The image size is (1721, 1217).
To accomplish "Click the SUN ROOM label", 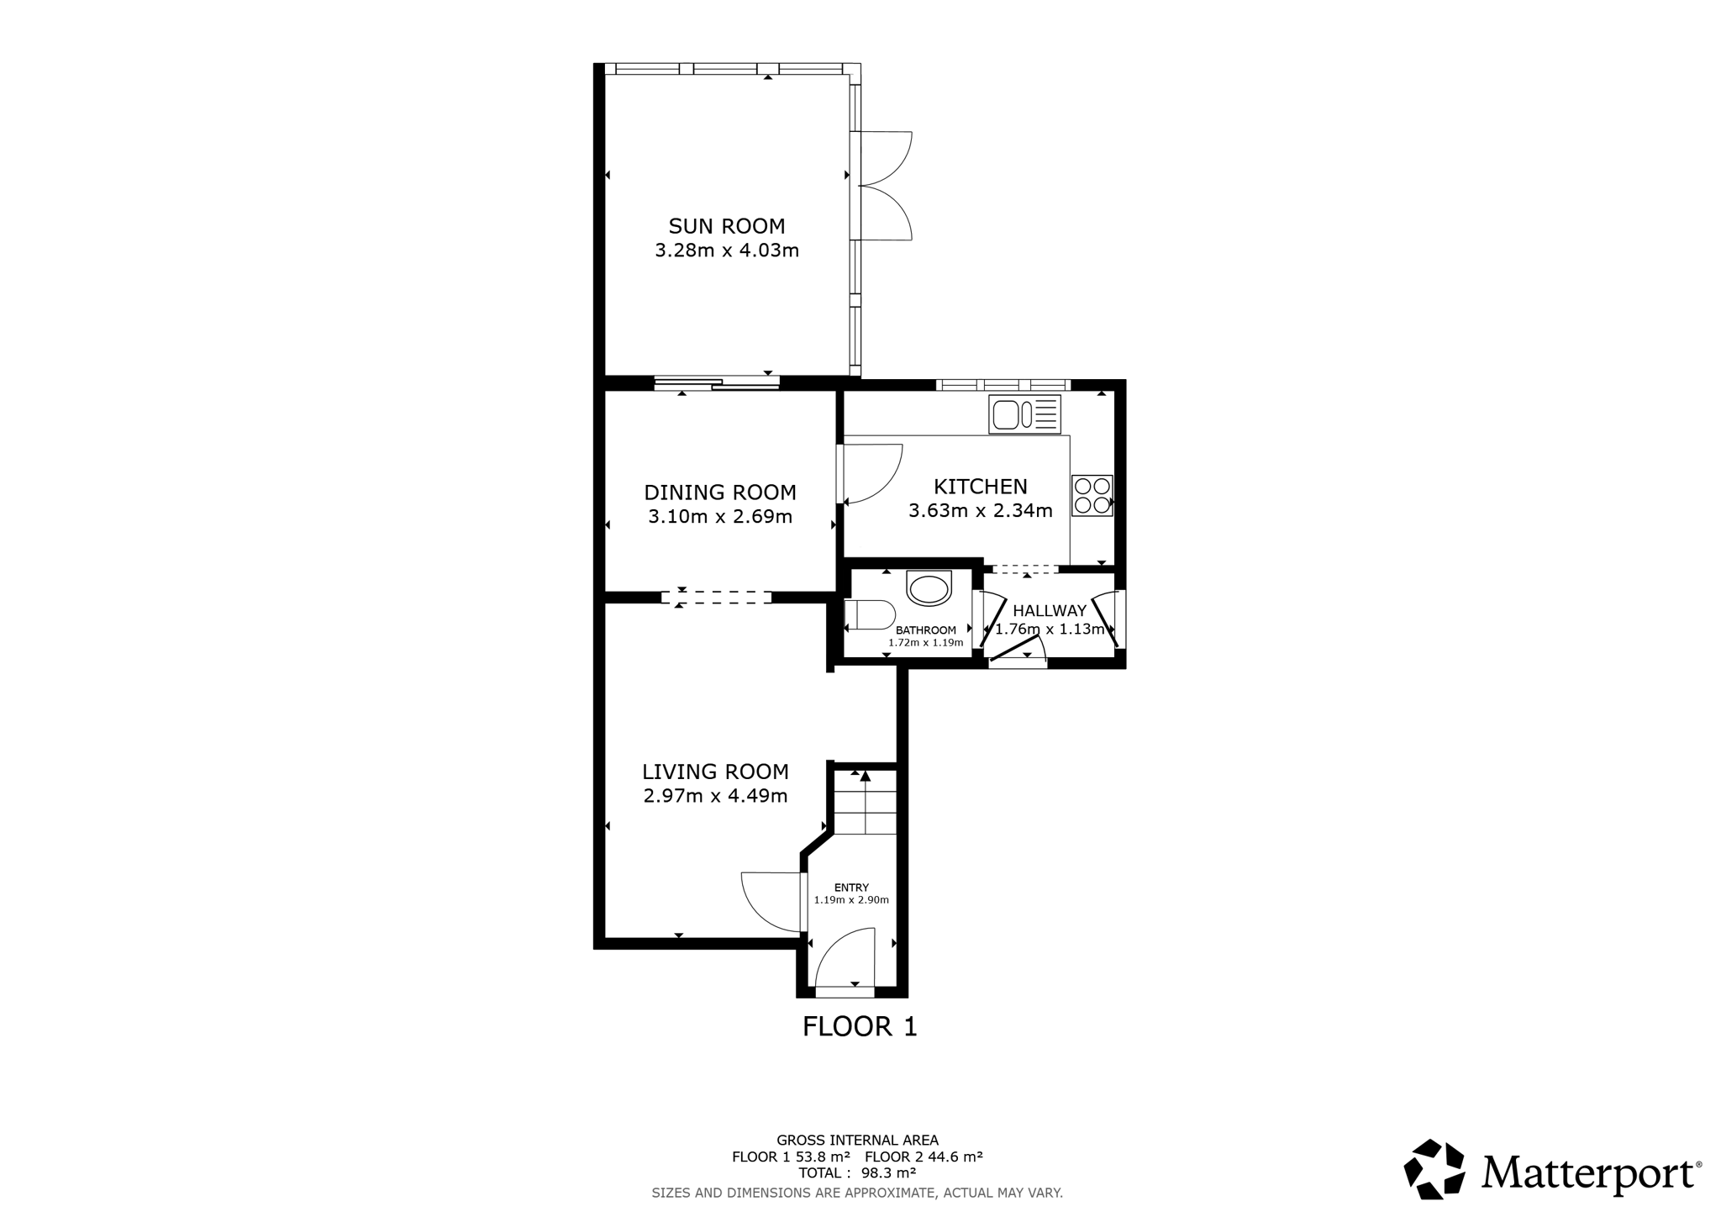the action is click(726, 226).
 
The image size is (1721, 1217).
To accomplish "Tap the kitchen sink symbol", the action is click(1024, 414).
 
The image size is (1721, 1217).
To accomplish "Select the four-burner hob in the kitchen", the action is click(1092, 495).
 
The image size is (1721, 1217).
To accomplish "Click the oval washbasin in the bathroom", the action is click(929, 588).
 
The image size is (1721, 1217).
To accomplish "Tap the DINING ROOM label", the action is click(720, 493).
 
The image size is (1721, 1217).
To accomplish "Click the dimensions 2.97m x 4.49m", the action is click(715, 795).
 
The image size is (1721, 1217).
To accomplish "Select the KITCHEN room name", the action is click(981, 487).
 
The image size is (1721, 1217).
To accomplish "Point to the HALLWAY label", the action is click(1050, 611).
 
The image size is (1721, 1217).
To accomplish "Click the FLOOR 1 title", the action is click(860, 1026).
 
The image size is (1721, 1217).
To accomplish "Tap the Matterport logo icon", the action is click(1434, 1169).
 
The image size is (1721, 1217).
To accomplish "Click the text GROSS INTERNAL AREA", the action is click(857, 1141).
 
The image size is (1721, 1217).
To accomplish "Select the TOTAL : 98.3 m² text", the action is click(857, 1172).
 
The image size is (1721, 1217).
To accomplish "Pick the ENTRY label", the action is click(851, 888).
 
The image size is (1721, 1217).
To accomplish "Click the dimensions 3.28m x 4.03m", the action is click(727, 250).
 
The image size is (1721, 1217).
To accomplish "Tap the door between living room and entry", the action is click(771, 903).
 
